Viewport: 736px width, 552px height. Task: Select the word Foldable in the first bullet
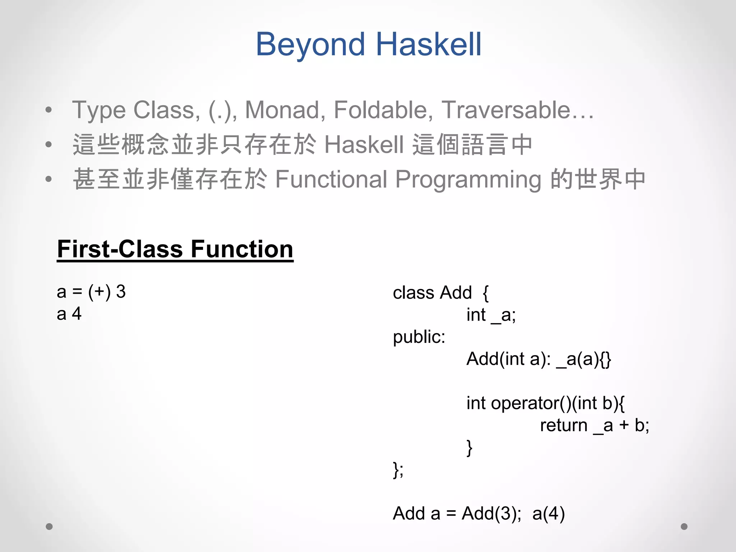pyautogui.click(x=383, y=110)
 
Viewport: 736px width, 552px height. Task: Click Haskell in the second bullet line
pyautogui.click(x=364, y=144)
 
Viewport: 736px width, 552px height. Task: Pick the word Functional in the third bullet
pyautogui.click(x=331, y=179)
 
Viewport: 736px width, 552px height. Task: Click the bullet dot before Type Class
pyautogui.click(x=49, y=110)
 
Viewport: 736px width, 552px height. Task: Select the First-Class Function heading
pyautogui.click(x=175, y=249)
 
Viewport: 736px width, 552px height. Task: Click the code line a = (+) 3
pyautogui.click(x=91, y=291)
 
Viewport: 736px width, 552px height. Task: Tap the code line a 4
pyautogui.click(x=69, y=314)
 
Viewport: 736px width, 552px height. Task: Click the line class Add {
pyautogui.click(x=441, y=293)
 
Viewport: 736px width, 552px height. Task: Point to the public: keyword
pyautogui.click(x=419, y=337)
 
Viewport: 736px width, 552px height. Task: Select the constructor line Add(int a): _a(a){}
pyautogui.click(x=538, y=359)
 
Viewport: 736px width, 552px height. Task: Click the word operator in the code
pyautogui.click(x=525, y=403)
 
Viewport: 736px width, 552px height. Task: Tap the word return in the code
pyautogui.click(x=563, y=425)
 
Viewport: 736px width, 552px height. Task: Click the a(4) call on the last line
pyautogui.click(x=548, y=514)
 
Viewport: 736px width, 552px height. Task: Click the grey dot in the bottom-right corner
pyautogui.click(x=684, y=526)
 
